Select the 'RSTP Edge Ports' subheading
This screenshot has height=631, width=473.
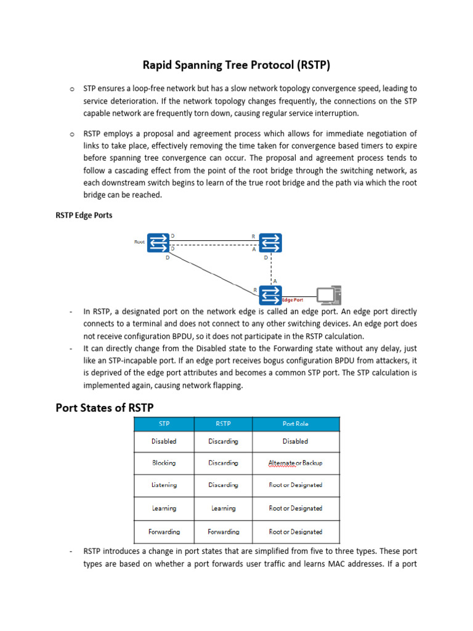[x=84, y=216]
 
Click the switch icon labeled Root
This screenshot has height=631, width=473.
[x=158, y=243]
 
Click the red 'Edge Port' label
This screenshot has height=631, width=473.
[x=292, y=300]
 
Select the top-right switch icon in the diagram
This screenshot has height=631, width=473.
[x=270, y=243]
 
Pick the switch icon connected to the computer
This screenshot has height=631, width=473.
[x=270, y=295]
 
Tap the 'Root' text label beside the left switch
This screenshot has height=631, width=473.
[x=140, y=242]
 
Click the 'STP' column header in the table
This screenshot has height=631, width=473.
[x=164, y=424]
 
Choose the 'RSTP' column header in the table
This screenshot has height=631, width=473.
[x=223, y=424]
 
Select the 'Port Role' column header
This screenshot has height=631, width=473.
[x=295, y=424]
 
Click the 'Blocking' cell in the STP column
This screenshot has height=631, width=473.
[x=164, y=463]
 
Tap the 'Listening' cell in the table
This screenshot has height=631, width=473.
[x=164, y=485]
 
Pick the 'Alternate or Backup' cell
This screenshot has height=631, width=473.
[x=295, y=463]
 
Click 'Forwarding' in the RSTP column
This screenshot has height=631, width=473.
[x=223, y=532]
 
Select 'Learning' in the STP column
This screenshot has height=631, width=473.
[x=164, y=508]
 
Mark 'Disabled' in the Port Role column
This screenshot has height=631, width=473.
[x=295, y=441]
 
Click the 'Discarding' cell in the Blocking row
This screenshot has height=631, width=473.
[x=223, y=463]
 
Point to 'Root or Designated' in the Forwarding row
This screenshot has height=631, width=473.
[x=295, y=532]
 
